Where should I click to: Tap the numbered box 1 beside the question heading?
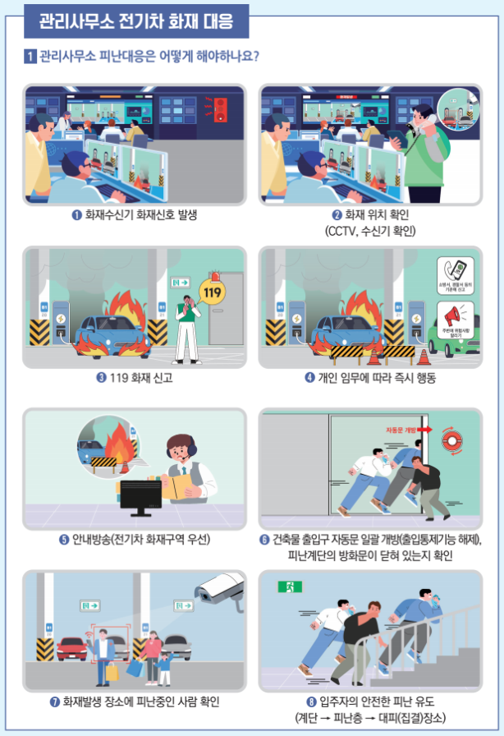29,57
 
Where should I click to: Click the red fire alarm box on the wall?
219,110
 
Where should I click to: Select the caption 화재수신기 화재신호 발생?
135,215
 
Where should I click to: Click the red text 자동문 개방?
401,430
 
